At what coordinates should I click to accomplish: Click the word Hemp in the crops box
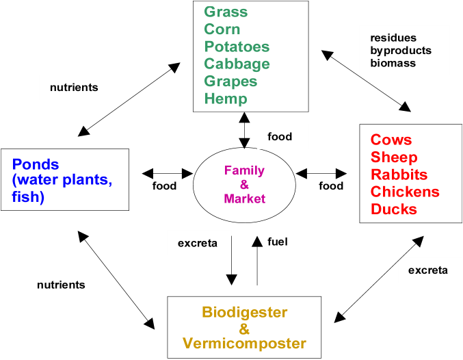point(225,99)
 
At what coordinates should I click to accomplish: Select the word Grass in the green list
point(226,12)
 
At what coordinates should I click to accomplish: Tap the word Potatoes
point(237,47)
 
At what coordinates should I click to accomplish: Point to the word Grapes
point(230,81)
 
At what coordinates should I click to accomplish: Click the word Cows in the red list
point(391,140)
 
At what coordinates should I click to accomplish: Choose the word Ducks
point(394,209)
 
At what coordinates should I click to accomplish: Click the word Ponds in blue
point(36,164)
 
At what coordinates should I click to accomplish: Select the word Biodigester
point(244,312)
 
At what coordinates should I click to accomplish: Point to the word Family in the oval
point(244,170)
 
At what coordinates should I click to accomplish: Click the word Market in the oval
point(244,198)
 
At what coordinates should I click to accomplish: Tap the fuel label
point(276,242)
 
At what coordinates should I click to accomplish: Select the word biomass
point(393,63)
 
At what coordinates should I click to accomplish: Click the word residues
point(393,38)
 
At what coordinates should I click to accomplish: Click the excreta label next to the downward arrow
point(198,242)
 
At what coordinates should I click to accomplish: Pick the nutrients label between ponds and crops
point(74,88)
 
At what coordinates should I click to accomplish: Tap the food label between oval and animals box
point(331,185)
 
